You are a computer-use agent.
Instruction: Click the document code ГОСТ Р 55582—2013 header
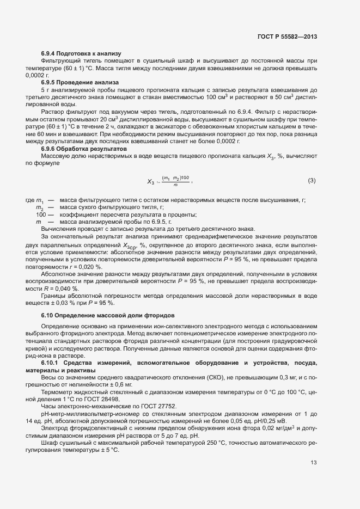point(286,36)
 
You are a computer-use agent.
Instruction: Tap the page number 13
point(313,463)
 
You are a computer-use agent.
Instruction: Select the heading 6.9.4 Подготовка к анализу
point(76,53)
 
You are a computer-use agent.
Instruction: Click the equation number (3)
point(312,180)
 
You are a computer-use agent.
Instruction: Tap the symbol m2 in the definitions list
point(39,208)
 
